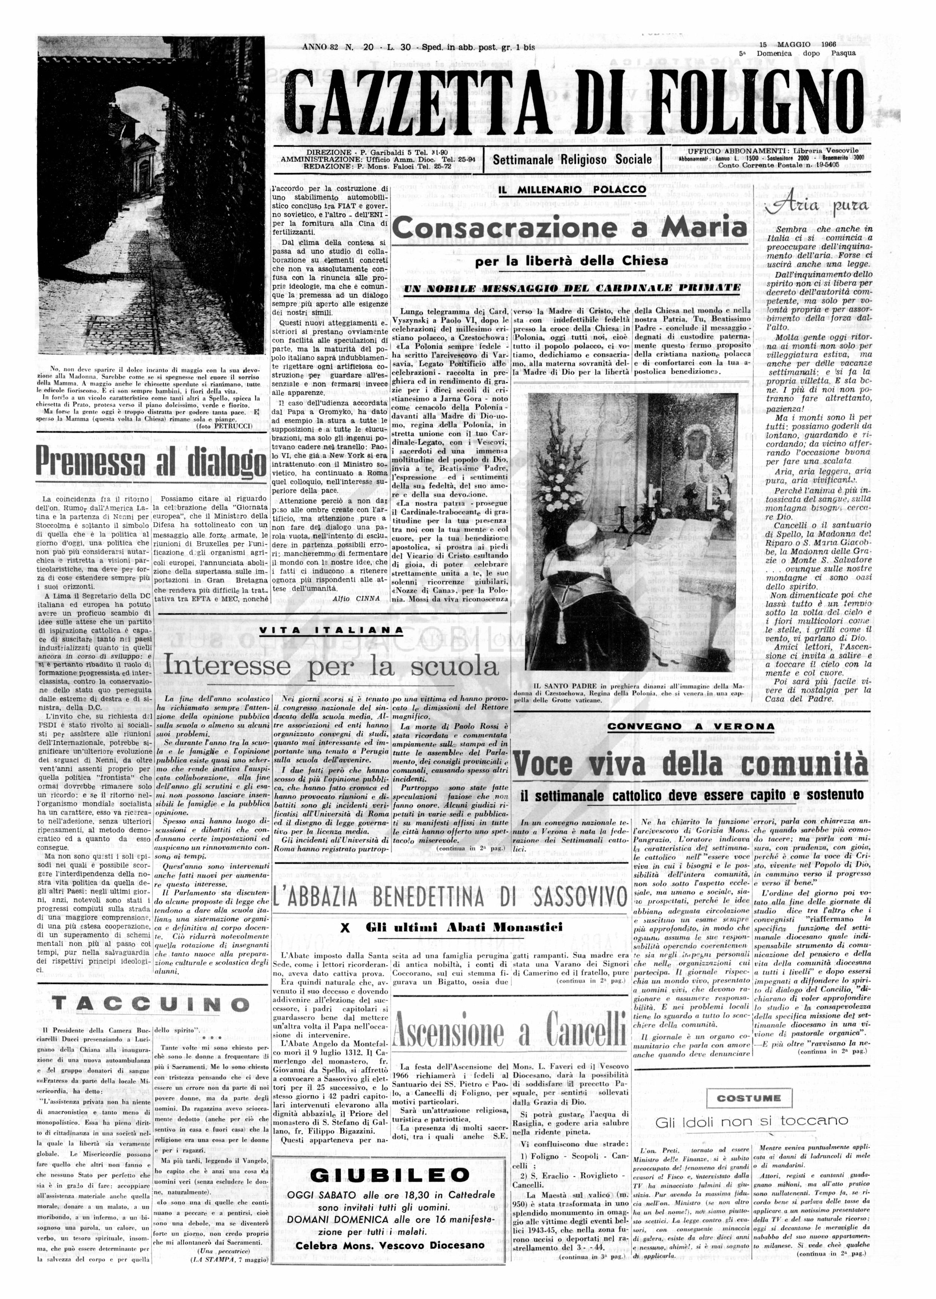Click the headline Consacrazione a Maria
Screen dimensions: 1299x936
pyautogui.click(x=569, y=228)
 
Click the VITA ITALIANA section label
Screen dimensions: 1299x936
pyautogui.click(x=331, y=630)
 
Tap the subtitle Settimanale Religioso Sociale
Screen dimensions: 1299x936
pyautogui.click(x=572, y=159)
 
